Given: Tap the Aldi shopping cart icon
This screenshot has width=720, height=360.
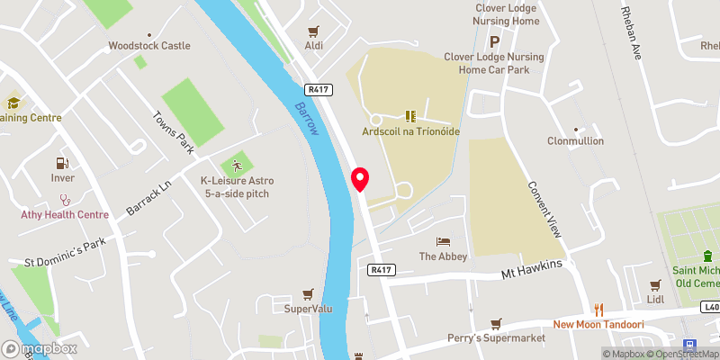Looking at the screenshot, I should click(x=313, y=31).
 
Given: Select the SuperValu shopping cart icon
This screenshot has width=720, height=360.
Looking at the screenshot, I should click(x=309, y=293).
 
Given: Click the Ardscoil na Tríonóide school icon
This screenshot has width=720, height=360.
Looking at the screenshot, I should click(x=410, y=116).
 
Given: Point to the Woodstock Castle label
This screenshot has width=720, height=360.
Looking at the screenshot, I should click(x=148, y=46).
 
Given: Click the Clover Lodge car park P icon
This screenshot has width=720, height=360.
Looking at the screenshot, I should click(x=493, y=40).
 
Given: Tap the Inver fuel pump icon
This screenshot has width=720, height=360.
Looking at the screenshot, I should click(x=62, y=163).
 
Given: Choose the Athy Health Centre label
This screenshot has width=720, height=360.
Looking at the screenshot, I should click(x=65, y=214).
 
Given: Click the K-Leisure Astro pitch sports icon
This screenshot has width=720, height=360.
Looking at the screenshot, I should click(x=237, y=166).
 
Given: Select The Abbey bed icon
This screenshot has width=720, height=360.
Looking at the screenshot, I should click(x=442, y=241).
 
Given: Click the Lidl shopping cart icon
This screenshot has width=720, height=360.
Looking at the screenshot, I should click(x=654, y=283).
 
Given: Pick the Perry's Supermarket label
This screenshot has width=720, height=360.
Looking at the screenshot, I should click(x=497, y=337).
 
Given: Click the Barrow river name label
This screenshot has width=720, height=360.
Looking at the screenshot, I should click(x=307, y=117).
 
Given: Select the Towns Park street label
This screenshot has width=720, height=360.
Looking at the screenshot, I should click(x=174, y=130).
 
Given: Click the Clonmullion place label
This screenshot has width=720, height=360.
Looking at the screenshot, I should click(x=576, y=141).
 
